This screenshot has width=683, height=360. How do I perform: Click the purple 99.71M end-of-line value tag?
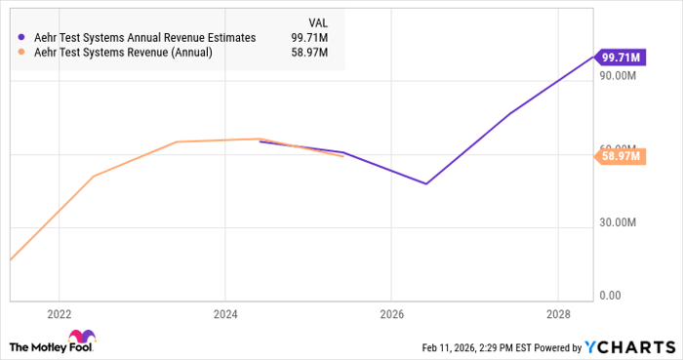click(x=621, y=56)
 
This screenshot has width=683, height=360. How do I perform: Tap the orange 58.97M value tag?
click(x=621, y=155)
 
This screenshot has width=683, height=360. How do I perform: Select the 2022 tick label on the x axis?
click(x=59, y=314)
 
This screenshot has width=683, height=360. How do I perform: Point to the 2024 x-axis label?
click(x=224, y=314)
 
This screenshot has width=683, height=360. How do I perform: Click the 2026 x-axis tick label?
click(x=390, y=314)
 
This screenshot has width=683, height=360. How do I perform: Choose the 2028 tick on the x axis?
click(x=556, y=314)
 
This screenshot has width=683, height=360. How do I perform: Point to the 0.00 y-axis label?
click(x=611, y=295)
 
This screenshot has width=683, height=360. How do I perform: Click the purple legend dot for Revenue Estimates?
click(x=21, y=37)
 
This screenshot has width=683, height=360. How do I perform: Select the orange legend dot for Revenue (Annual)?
click(x=21, y=55)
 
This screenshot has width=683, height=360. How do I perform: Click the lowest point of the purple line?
click(x=426, y=183)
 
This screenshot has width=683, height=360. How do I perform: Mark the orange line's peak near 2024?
click(x=261, y=139)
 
